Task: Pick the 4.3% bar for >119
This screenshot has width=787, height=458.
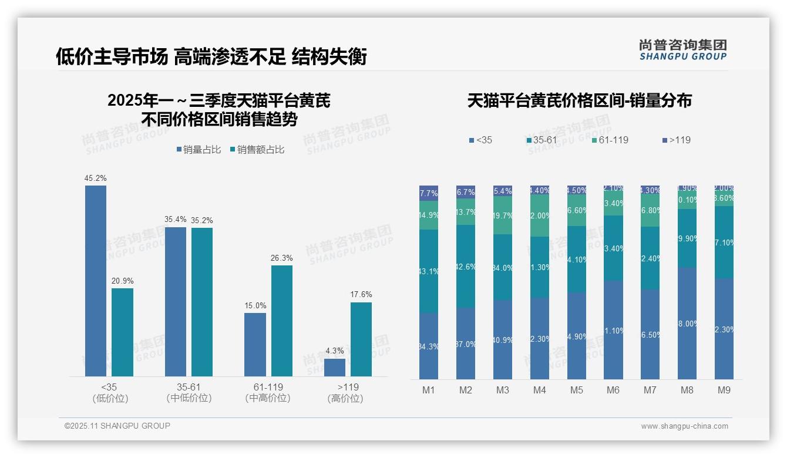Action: point(335,367)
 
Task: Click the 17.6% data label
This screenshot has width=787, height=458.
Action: point(361,295)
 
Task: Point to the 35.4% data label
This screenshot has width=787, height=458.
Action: point(176,220)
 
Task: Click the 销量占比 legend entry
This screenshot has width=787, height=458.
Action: point(199,150)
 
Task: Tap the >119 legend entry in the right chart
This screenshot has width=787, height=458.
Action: point(676,140)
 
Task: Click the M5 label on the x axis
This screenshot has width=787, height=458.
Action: point(576,390)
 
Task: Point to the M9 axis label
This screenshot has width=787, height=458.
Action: point(724,390)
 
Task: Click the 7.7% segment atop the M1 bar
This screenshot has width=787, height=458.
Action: point(429,193)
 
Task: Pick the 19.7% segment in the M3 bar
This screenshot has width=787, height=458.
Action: point(503,215)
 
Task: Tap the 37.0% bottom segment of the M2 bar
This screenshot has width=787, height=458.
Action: point(466,343)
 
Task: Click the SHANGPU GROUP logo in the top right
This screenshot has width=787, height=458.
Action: point(683,50)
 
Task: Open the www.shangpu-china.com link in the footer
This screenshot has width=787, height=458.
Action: point(684,426)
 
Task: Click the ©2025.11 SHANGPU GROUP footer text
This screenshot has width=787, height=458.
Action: point(117,426)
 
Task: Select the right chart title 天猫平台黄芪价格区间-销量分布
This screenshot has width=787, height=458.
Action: point(579,101)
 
